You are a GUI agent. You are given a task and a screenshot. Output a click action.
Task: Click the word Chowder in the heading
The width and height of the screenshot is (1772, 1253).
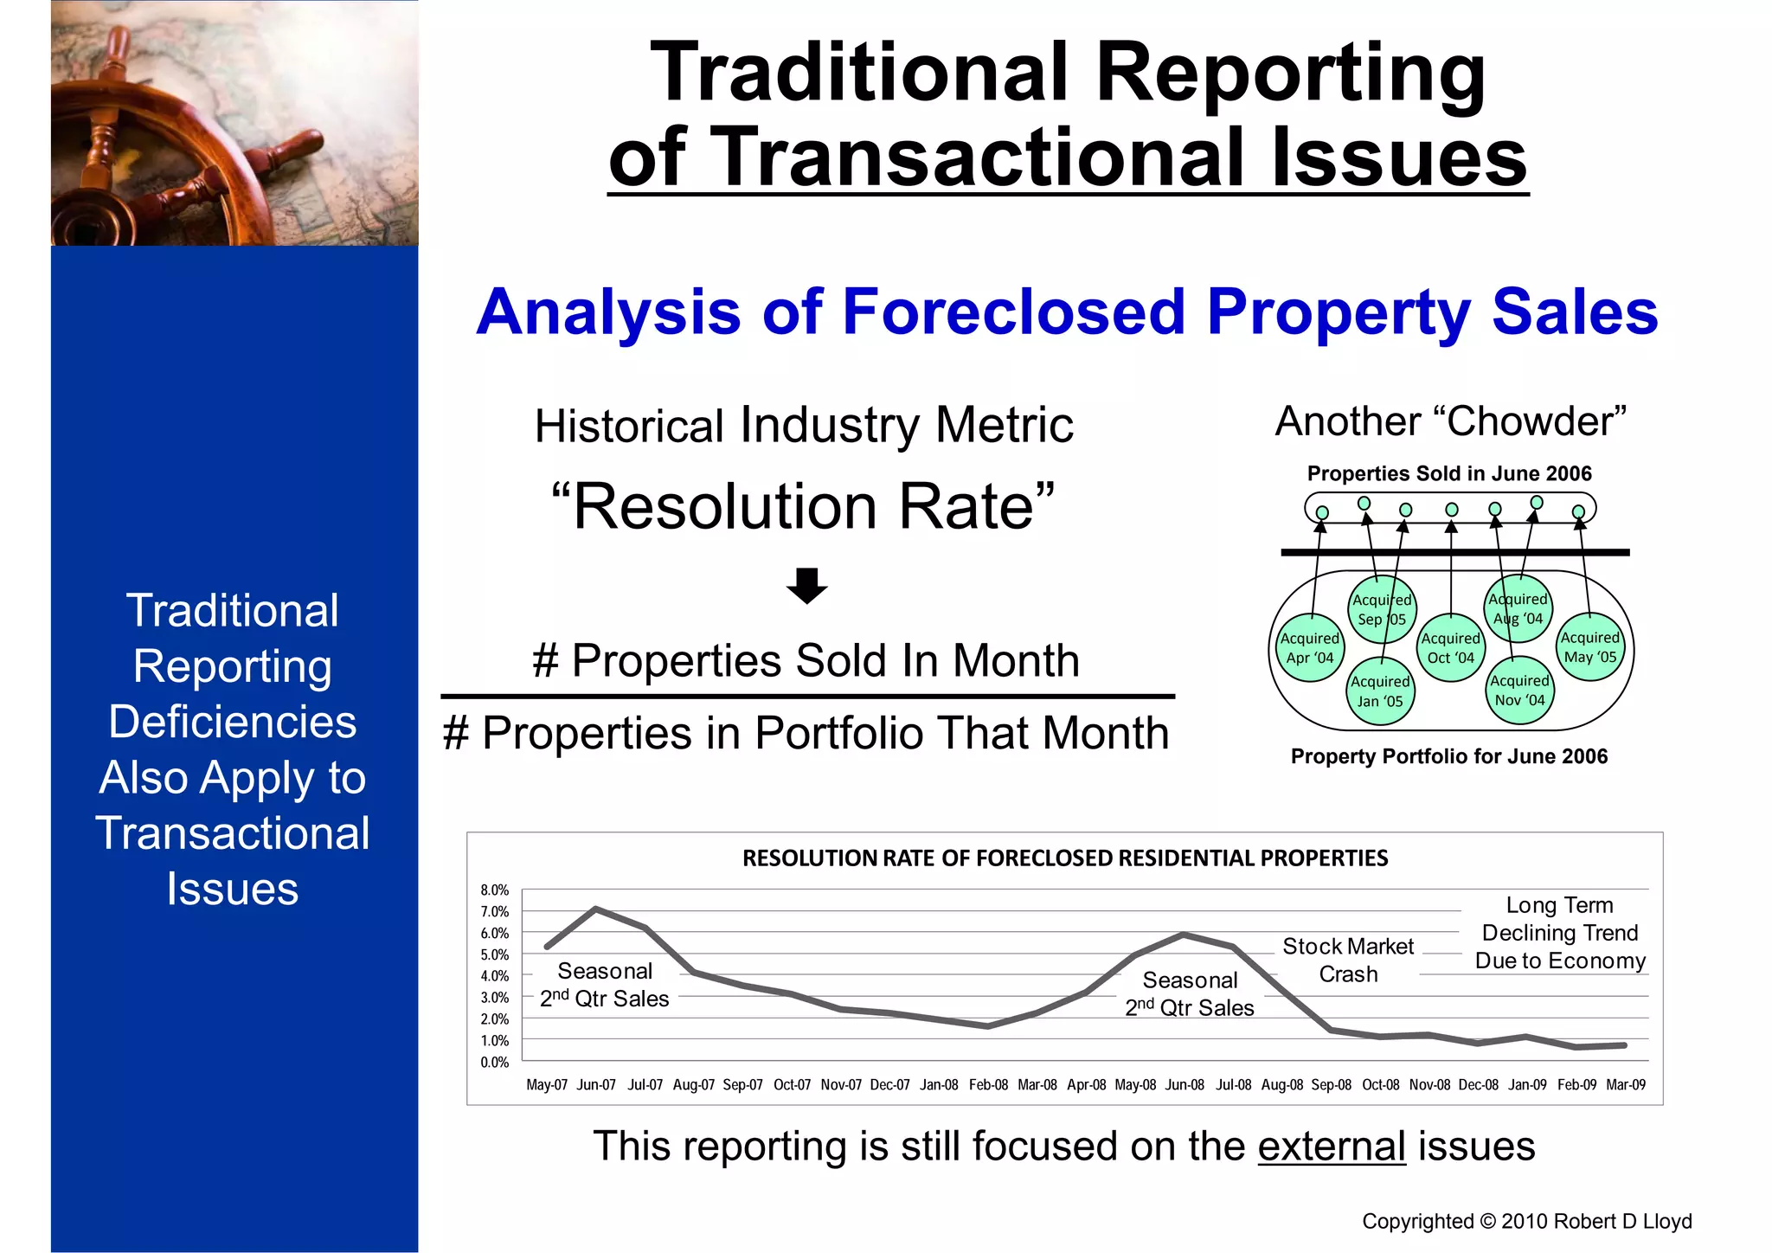tap(1529, 422)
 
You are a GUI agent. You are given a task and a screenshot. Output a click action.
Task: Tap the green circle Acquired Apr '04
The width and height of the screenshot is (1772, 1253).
tap(1310, 647)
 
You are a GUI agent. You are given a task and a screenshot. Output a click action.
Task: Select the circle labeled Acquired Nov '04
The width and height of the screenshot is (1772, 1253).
tap(1519, 691)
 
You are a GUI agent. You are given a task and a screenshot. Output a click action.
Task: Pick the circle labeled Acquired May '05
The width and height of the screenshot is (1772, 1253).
tap(1590, 647)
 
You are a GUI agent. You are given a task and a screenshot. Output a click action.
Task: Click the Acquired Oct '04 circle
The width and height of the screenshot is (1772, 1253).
tap(1451, 648)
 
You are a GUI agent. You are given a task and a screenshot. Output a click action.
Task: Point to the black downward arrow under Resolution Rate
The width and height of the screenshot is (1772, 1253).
tap(806, 586)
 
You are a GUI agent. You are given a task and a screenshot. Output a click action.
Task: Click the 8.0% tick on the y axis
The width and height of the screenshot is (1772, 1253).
tap(494, 890)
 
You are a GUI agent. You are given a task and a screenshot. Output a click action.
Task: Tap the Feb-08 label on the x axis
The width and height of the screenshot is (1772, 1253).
tap(988, 1085)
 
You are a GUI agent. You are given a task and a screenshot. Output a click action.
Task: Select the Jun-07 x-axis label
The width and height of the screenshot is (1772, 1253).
tap(596, 1085)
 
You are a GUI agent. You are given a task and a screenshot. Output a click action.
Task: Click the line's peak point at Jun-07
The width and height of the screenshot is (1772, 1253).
tap(596, 909)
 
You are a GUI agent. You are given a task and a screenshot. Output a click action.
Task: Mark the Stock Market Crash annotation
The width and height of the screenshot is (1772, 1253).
tap(1348, 960)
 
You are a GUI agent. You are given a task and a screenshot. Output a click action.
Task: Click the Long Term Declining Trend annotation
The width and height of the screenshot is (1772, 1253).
tap(1560, 933)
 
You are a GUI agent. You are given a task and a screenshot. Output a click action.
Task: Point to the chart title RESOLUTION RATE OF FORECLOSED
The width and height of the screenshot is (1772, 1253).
tap(1065, 858)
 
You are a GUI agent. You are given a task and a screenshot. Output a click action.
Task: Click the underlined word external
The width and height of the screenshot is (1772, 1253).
tap(1332, 1147)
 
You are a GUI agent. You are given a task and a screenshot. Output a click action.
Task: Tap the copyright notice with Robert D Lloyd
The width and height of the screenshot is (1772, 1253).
tap(1526, 1221)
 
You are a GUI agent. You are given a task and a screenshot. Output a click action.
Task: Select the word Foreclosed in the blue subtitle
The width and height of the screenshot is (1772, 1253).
tap(1013, 312)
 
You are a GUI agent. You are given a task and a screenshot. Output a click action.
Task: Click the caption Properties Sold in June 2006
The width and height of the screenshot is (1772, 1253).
tap(1449, 473)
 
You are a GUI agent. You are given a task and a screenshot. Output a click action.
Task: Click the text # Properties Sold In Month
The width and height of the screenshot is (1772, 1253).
tap(806, 661)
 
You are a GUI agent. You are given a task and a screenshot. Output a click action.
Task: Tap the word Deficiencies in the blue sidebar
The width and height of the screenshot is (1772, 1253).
tap(233, 722)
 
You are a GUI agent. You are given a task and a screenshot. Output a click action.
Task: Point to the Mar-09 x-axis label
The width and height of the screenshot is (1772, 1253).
tap(1626, 1085)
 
